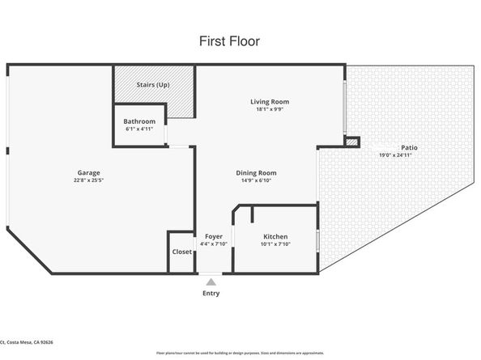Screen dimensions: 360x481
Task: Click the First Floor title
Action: click(x=229, y=40)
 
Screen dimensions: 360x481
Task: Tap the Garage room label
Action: click(x=88, y=173)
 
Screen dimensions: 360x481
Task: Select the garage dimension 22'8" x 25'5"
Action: click(x=88, y=180)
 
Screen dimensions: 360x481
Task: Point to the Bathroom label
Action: click(x=139, y=121)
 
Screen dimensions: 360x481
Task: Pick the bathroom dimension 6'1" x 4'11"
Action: click(x=139, y=129)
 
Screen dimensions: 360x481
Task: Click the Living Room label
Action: click(x=269, y=102)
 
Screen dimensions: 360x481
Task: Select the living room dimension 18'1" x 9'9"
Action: click(x=269, y=109)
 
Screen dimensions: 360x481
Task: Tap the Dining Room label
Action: click(x=256, y=172)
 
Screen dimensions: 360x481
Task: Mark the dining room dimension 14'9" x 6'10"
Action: click(x=256, y=180)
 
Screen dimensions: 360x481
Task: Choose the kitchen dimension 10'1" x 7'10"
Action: click(x=276, y=244)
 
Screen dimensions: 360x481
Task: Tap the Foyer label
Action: click(x=214, y=236)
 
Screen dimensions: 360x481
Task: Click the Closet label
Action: click(x=182, y=252)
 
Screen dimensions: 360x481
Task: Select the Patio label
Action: click(x=396, y=147)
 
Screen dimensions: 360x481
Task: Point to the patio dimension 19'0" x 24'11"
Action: click(x=396, y=155)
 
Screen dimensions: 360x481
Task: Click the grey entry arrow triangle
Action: click(x=211, y=282)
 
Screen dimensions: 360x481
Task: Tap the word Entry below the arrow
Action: click(x=211, y=293)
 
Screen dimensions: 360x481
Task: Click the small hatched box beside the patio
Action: click(x=351, y=142)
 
